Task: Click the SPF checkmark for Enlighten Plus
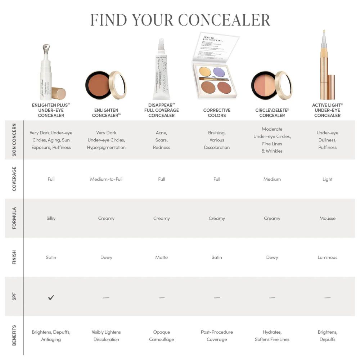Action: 51,297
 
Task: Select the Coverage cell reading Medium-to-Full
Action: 106,179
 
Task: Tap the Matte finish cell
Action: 161,257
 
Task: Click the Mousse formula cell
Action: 327,218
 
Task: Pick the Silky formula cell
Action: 51,218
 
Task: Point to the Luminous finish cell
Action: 327,257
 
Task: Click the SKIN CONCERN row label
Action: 14,140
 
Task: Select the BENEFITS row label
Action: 14,336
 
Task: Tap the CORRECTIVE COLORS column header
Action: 217,113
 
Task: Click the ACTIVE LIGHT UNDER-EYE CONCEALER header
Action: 327,110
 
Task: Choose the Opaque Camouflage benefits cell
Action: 161,336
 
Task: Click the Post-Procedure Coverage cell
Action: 217,336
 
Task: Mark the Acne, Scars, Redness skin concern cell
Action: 161,140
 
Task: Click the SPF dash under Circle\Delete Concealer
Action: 272,298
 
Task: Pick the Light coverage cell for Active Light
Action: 327,179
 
